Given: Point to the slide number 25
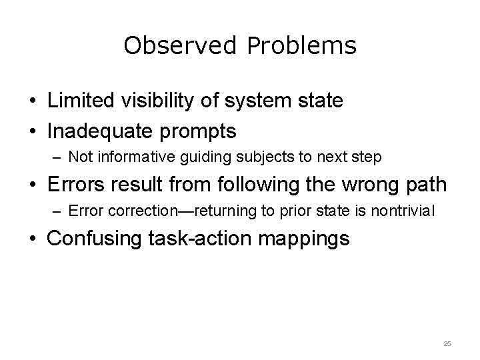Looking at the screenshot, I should click(x=447, y=343).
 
